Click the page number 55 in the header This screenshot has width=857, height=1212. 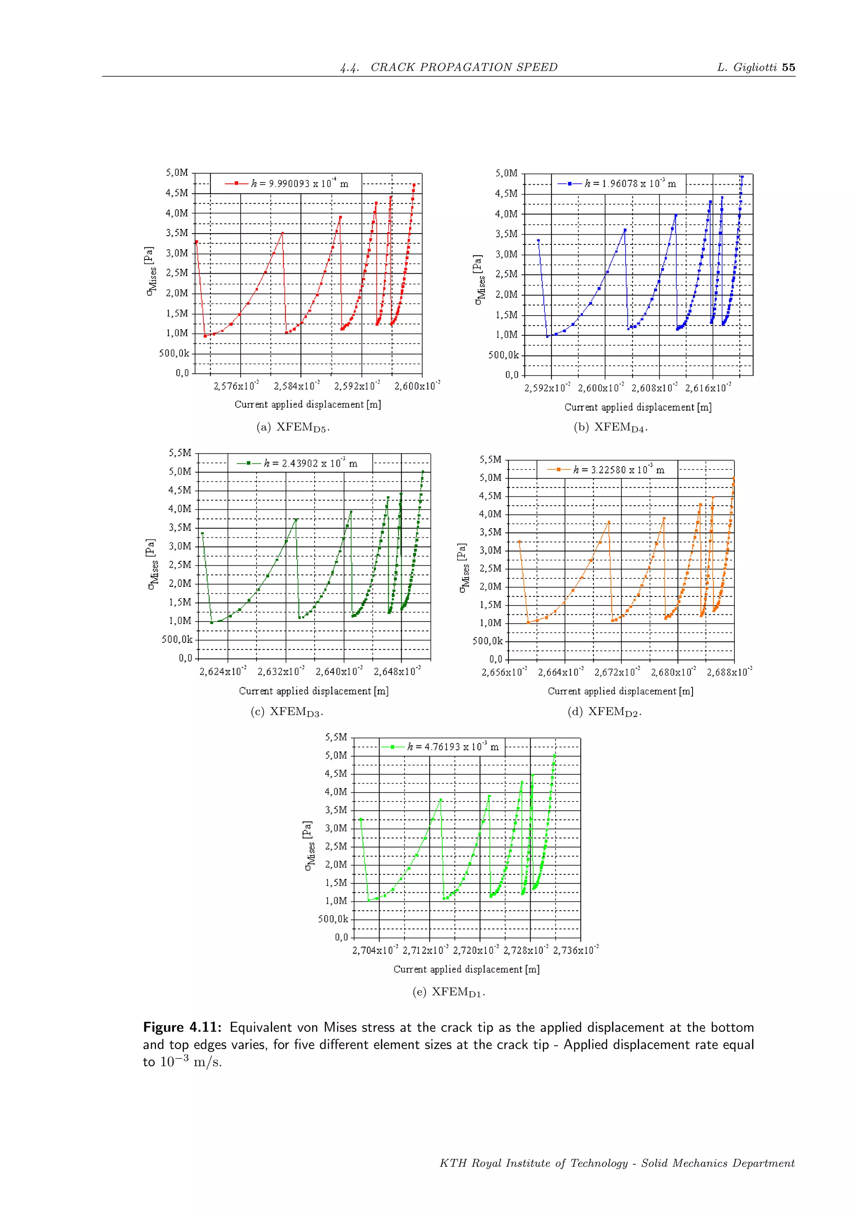click(788, 67)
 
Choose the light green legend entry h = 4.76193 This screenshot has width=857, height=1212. click(440, 747)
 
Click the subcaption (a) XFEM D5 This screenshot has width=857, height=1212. click(293, 428)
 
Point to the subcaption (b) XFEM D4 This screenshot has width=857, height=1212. click(611, 428)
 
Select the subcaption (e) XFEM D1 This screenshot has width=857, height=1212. click(449, 992)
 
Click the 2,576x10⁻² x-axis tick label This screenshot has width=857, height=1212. click(236, 386)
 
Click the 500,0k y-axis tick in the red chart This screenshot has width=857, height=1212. click(174, 353)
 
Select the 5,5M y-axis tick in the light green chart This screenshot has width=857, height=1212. click(336, 737)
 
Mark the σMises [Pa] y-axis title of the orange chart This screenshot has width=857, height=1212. click(463, 568)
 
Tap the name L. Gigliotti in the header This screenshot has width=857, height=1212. click(747, 67)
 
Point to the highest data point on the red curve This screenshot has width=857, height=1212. click(414, 185)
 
